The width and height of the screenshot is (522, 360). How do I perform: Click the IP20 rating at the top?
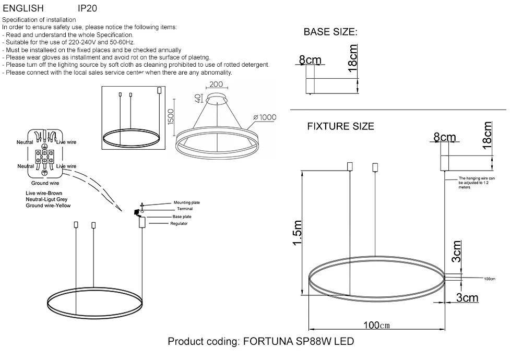pos(87,9)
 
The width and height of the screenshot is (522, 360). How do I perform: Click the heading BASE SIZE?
pos(330,32)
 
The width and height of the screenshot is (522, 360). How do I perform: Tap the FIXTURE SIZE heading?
pos(340,126)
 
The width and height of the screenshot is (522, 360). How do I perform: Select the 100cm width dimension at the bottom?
pos(377,325)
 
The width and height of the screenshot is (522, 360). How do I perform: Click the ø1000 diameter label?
pos(264,117)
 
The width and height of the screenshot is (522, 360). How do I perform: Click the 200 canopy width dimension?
pos(216,85)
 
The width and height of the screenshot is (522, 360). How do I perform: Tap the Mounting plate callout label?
pos(186,202)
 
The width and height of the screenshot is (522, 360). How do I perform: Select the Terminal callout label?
pos(185,209)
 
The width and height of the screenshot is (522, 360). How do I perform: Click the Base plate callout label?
pos(182,216)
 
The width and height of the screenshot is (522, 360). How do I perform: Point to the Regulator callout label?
pos(179,223)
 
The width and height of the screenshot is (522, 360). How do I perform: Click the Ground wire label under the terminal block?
pos(45,183)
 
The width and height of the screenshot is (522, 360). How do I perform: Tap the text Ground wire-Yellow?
pos(48,206)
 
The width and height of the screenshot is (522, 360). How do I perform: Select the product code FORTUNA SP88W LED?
pos(260,342)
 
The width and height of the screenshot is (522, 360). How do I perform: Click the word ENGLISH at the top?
pos(23,9)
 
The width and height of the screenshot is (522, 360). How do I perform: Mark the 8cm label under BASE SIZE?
pos(310,61)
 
